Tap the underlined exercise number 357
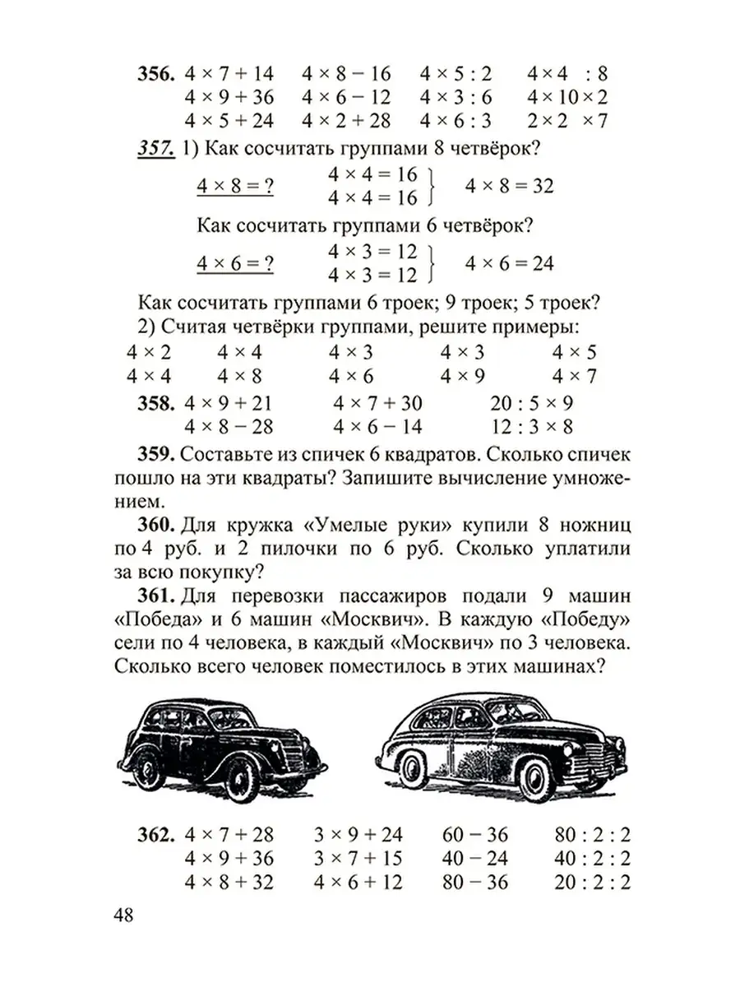(153, 149)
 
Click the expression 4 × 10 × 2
(567, 97)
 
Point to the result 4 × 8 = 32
(509, 186)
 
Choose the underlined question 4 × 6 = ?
(235, 264)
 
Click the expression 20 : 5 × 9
(530, 404)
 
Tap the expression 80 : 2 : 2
(591, 836)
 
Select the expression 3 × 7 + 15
(358, 859)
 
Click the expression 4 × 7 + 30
(377, 404)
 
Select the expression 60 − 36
(475, 836)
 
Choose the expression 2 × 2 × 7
(567, 121)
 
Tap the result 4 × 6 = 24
(509, 264)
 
